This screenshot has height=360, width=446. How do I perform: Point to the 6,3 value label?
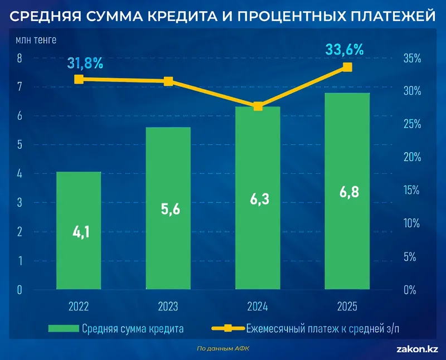[257, 198]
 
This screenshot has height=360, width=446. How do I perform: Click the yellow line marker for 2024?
[258, 106]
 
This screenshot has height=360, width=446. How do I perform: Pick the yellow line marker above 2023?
[168, 81]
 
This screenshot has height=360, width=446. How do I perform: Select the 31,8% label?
[85, 62]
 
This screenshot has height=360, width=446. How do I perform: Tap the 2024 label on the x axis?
[257, 307]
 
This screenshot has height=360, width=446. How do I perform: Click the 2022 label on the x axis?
[79, 307]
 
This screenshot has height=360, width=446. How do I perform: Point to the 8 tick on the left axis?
[20, 58]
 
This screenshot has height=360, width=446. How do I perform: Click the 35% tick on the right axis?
[413, 58]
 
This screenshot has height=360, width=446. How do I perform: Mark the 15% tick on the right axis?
[413, 191]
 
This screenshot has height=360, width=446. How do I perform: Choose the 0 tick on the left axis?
[20, 290]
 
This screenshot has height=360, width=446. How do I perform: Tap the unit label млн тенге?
[36, 40]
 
